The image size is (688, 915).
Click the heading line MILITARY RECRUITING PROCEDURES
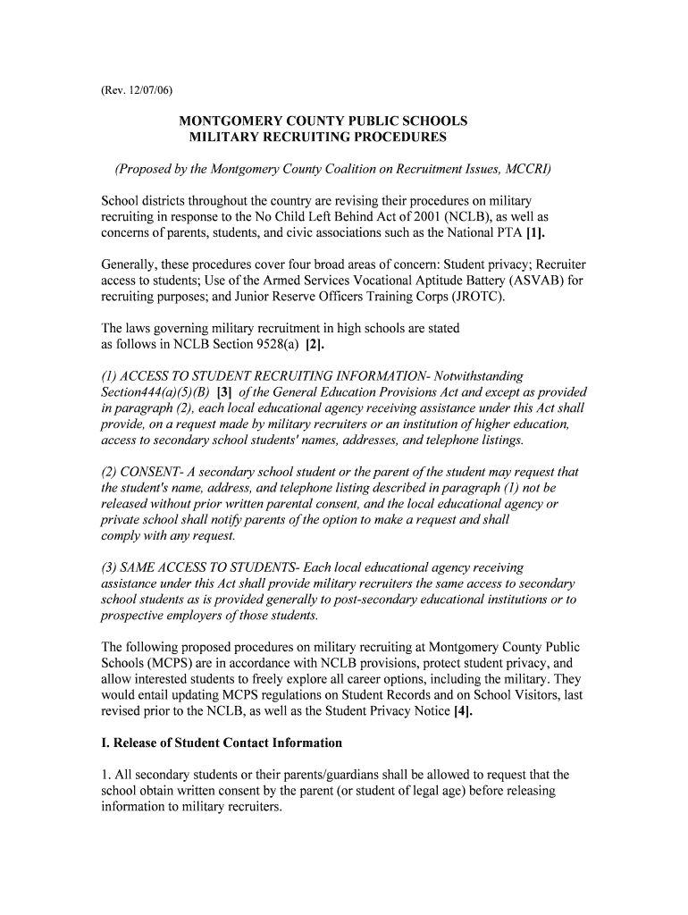click(317, 138)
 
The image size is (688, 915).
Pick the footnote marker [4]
click(462, 711)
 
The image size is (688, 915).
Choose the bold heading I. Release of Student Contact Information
click(222, 743)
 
